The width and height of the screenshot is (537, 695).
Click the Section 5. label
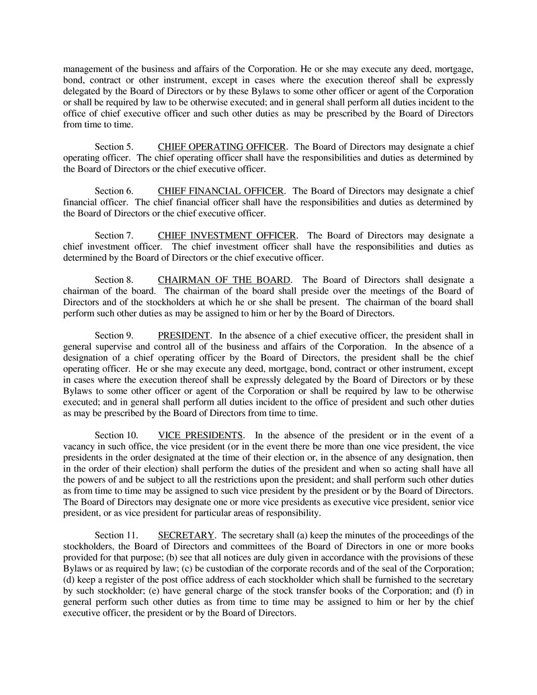coord(114,147)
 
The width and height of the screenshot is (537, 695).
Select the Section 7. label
coord(114,235)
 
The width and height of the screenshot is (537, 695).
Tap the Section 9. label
coord(114,335)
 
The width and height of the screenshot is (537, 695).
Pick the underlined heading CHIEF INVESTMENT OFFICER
coord(227,235)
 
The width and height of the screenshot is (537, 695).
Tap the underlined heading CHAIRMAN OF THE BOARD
coord(224,280)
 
